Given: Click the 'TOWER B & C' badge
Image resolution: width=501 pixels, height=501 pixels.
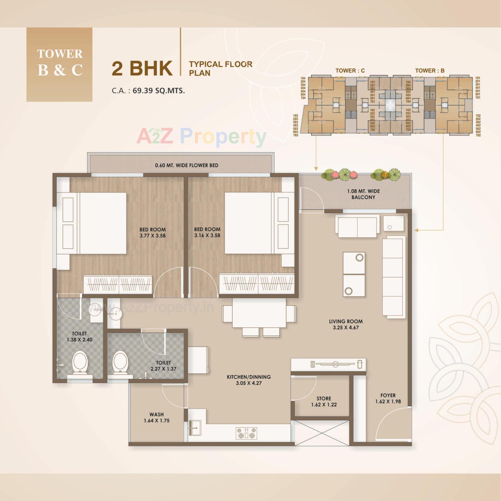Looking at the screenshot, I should tap(59, 64).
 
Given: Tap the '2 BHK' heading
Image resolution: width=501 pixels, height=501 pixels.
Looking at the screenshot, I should tap(142, 68).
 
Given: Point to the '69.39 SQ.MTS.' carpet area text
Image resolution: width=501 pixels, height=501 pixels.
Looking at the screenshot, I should tap(159, 91).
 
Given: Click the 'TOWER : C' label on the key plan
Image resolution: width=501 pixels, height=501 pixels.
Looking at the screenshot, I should tap(350, 70).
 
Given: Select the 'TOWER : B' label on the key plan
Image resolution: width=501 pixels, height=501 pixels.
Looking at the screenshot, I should tap(430, 70).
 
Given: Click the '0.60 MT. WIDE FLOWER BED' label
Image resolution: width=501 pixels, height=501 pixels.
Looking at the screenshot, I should tap(187, 165).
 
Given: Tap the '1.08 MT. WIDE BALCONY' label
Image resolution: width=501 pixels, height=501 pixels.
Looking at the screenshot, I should tap(363, 194).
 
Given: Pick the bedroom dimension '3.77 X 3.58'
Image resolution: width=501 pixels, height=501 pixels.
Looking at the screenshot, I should tap(152, 236).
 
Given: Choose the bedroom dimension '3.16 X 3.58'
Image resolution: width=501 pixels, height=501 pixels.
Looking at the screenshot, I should tap(207, 235).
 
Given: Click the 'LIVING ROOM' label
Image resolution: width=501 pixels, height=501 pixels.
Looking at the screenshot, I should tap(346, 321).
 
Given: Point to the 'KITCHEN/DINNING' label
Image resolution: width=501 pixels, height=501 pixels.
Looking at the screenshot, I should tap(249, 377).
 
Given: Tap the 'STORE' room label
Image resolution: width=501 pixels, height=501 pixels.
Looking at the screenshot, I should tap(324, 398).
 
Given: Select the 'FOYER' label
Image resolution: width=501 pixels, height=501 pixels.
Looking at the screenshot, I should tap(388, 395).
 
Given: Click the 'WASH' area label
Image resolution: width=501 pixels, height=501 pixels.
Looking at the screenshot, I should tap(157, 414).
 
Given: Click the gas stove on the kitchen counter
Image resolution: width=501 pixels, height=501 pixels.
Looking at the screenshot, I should tap(246, 433).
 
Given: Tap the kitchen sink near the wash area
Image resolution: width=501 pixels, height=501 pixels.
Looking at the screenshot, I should tap(194, 428).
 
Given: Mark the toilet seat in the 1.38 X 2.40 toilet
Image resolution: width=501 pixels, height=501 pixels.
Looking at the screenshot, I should tap(80, 362).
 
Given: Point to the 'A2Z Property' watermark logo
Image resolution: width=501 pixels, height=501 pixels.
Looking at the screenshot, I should tap(201, 136).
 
